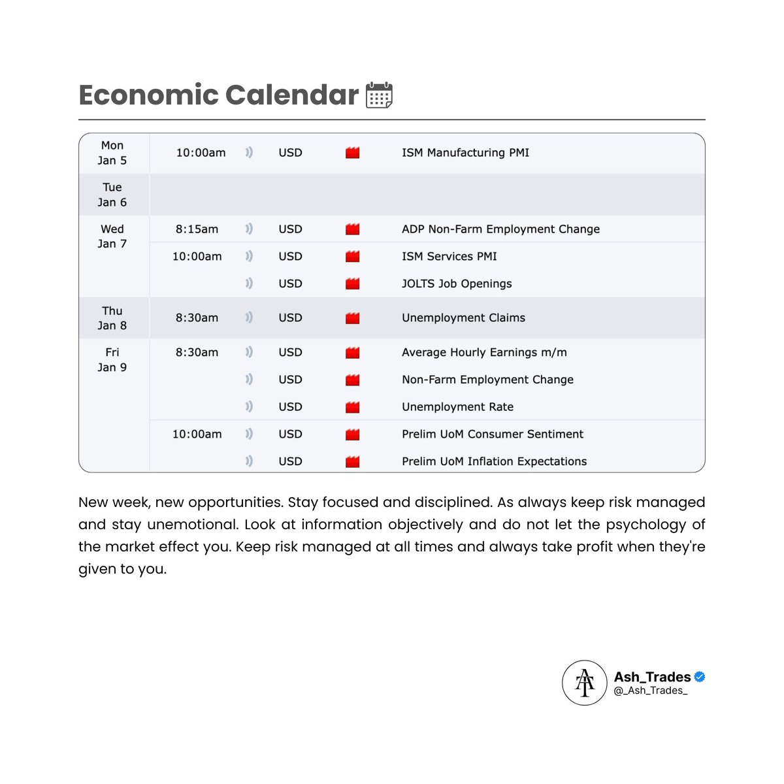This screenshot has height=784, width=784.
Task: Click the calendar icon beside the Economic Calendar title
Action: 379,95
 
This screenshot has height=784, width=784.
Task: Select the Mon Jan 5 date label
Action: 112,153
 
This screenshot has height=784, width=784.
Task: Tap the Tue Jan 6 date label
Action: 112,195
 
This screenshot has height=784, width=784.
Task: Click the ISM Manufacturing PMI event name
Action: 465,153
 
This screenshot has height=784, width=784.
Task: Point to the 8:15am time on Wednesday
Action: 197,229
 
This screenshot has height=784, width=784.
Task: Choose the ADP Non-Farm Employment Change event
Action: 500,229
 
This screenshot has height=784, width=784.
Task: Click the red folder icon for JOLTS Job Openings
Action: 353,284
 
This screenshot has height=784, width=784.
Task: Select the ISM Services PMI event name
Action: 449,256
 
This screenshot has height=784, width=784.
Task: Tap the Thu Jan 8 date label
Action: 112,318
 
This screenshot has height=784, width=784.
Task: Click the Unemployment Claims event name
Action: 463,318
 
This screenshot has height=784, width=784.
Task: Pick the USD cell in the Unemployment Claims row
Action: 290,318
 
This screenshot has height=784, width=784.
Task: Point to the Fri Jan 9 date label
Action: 112,360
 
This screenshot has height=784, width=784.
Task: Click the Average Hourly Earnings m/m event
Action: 484,352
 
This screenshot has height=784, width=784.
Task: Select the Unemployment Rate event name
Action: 457,407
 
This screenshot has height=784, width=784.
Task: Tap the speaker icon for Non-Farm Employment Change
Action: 249,380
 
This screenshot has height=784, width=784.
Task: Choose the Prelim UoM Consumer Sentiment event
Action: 493,434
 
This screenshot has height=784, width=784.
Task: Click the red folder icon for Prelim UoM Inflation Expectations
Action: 353,461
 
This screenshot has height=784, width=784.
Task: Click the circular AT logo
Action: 585,683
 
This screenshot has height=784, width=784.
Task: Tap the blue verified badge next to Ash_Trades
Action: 699,677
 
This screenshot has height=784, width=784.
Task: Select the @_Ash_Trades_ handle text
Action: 651,691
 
